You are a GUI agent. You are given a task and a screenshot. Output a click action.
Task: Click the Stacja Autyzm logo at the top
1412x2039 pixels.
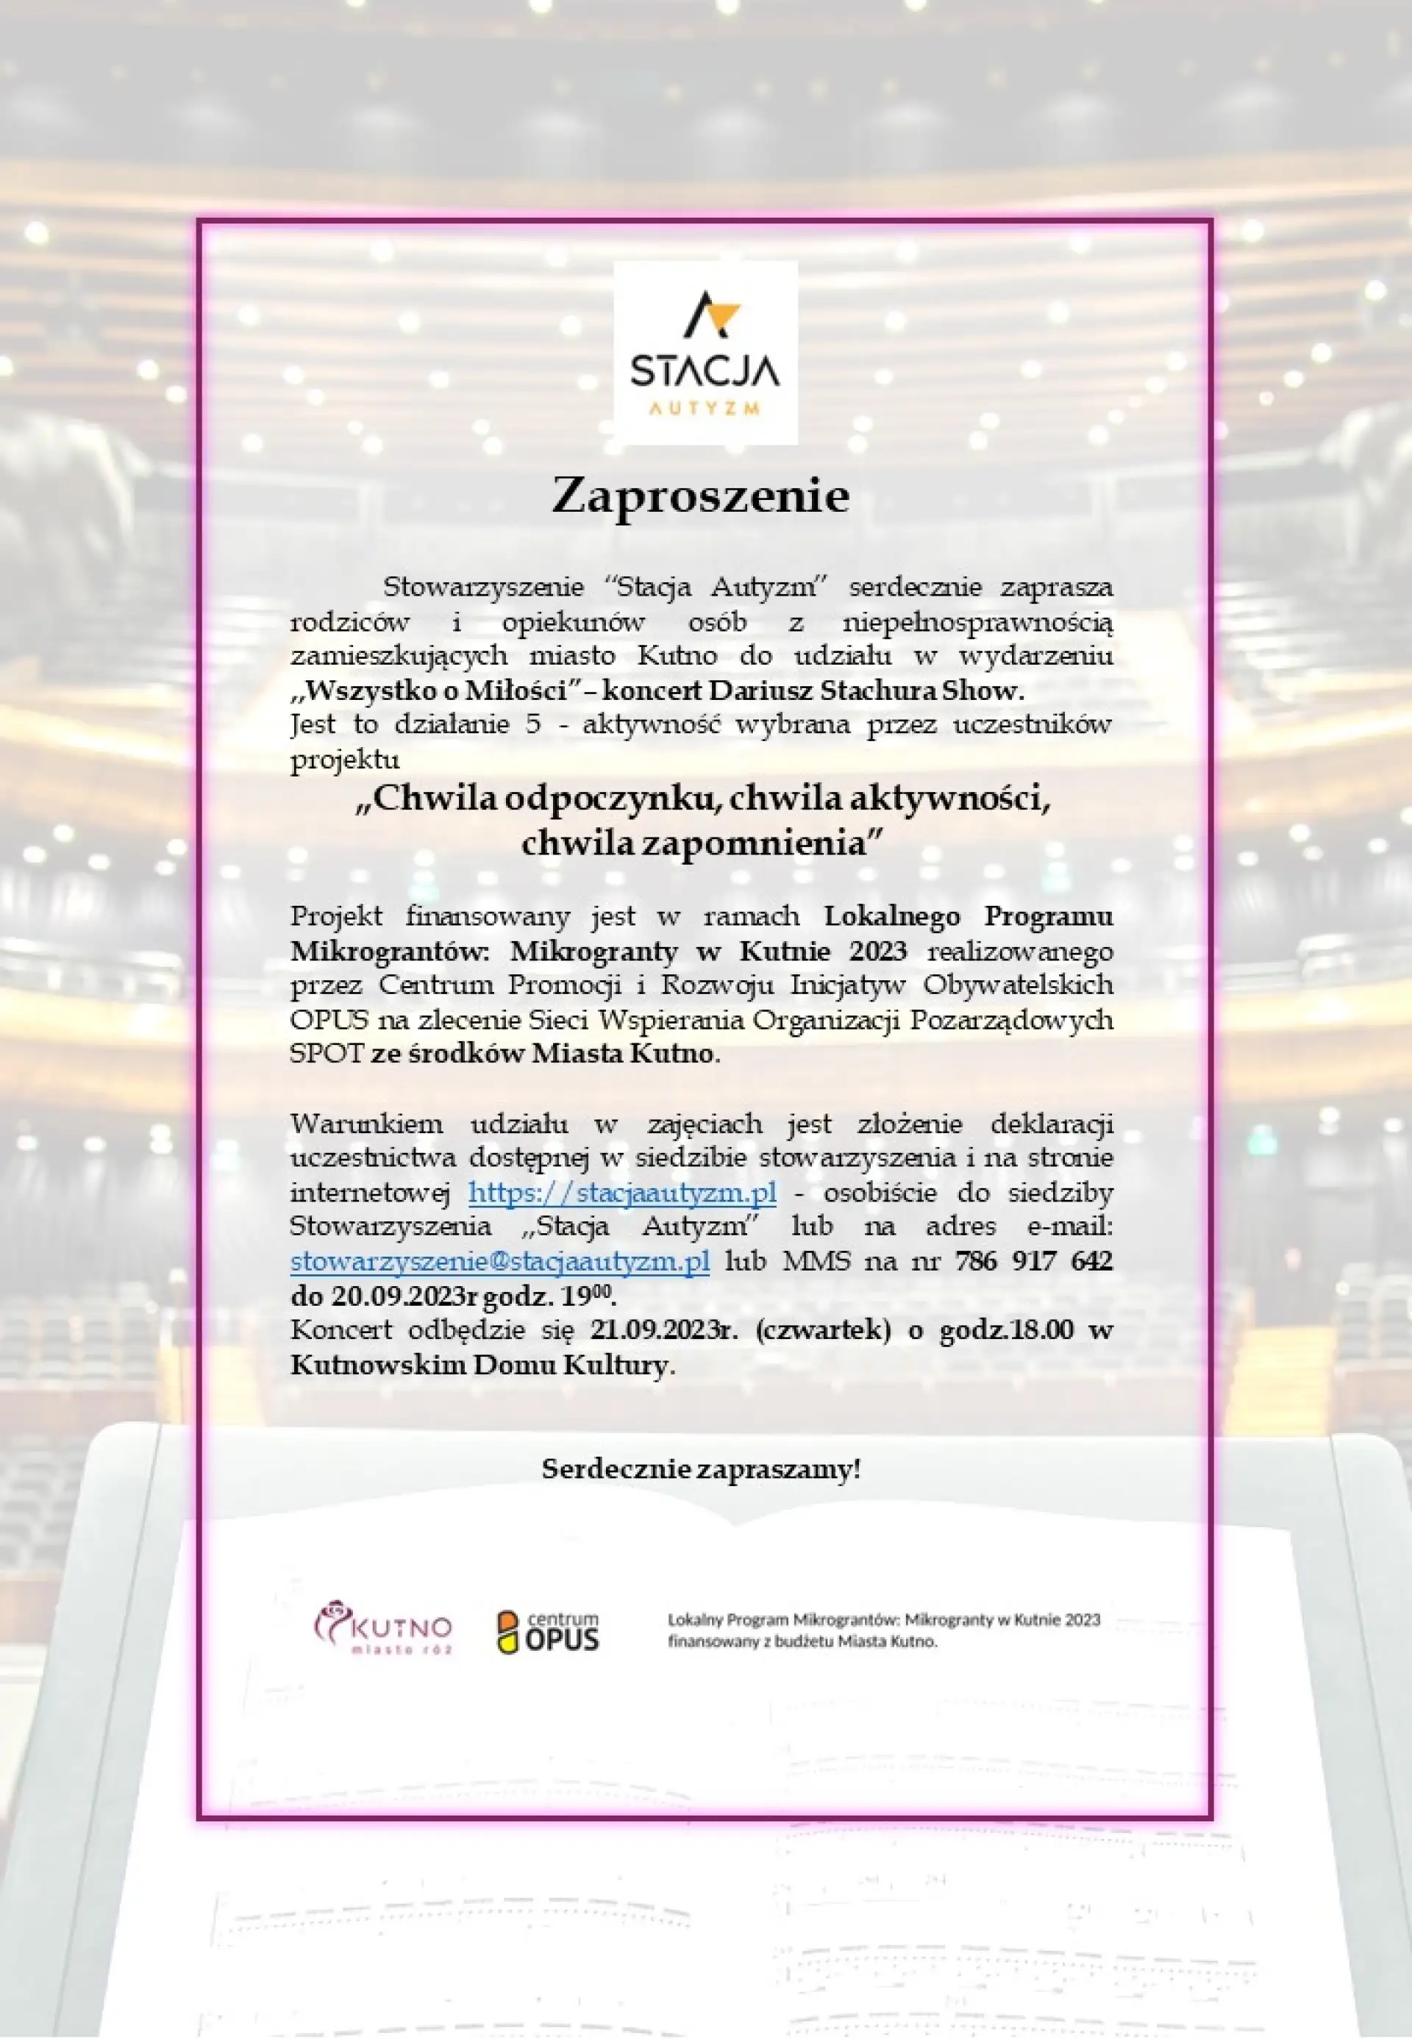pyautogui.click(x=705, y=352)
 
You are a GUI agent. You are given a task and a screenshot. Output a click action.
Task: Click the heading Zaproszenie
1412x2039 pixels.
pyautogui.click(x=700, y=496)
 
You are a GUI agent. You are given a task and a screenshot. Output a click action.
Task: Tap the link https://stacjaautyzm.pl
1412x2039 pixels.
pyautogui.click(x=622, y=1193)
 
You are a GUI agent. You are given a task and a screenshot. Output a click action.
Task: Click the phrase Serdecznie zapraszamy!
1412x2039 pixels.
pyautogui.click(x=701, y=1469)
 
